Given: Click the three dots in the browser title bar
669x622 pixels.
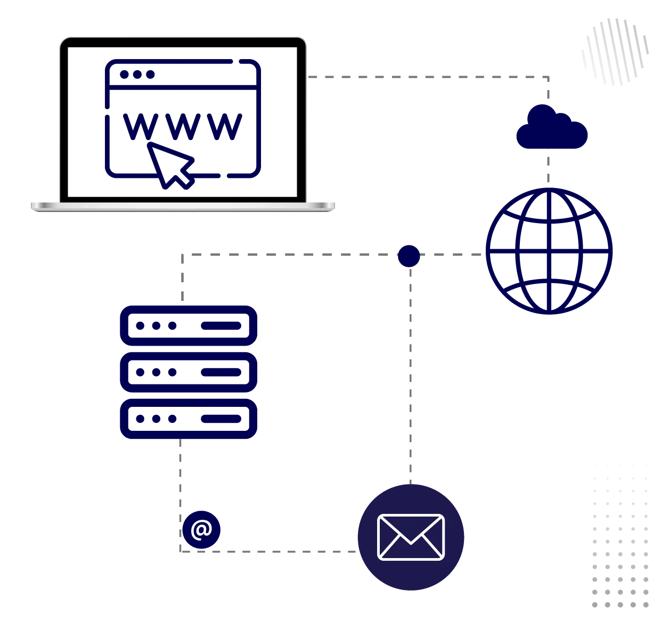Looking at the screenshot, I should pos(137,75).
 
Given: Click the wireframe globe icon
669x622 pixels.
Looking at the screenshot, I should pos(549,251).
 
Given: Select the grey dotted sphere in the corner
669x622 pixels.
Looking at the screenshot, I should pos(615,52).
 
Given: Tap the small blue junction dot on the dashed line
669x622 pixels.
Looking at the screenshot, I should pos(409,256).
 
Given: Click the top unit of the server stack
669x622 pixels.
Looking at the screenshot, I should pos(189,325).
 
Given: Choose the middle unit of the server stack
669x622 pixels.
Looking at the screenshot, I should pos(189,372).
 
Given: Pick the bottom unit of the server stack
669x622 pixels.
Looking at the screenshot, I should pos(189,419).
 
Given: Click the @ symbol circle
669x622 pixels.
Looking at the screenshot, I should pos(201,530).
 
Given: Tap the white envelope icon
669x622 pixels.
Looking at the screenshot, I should pos(411,537).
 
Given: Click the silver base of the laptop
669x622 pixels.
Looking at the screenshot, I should pos(183,207).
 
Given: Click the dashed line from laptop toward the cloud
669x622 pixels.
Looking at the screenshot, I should pos(426,77).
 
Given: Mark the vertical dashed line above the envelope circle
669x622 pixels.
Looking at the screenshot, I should pos(411,373).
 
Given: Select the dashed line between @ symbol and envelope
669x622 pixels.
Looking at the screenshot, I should pos(288,551).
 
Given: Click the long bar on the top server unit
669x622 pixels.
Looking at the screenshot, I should pos(222,325).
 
